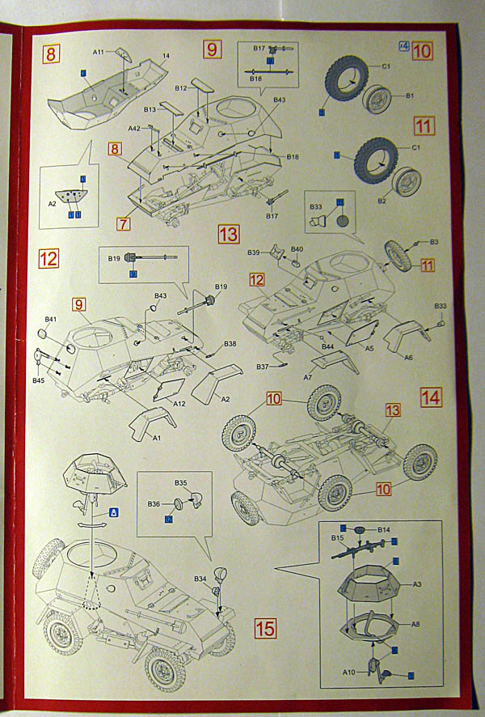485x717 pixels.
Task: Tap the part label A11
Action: (x=99, y=52)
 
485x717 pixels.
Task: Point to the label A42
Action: (x=134, y=128)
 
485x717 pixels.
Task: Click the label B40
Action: (x=297, y=248)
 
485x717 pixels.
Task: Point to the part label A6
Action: (x=408, y=357)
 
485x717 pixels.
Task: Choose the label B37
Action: (x=263, y=367)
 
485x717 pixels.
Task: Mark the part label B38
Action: (x=230, y=344)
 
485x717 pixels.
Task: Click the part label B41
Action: (x=51, y=320)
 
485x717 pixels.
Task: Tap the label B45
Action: (x=38, y=380)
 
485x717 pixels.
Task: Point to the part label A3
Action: (x=418, y=583)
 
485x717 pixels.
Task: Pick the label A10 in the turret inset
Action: (x=348, y=672)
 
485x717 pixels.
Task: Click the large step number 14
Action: (x=431, y=397)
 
